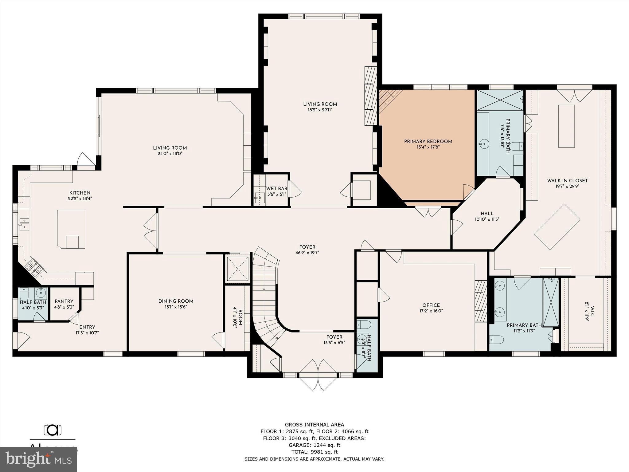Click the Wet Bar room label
click(x=277, y=188)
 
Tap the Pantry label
click(x=64, y=301)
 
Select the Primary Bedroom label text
click(x=428, y=141)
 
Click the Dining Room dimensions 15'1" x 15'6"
click(x=176, y=307)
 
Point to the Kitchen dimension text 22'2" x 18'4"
click(x=80, y=199)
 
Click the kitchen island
click(x=71, y=229)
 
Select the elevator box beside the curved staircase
click(x=237, y=269)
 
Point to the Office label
click(x=431, y=305)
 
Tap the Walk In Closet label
click(x=567, y=180)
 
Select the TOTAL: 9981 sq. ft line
click(x=314, y=452)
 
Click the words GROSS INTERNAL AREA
click(x=314, y=425)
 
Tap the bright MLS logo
click(x=38, y=459)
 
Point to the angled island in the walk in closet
click(x=557, y=226)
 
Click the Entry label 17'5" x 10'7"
click(x=87, y=330)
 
